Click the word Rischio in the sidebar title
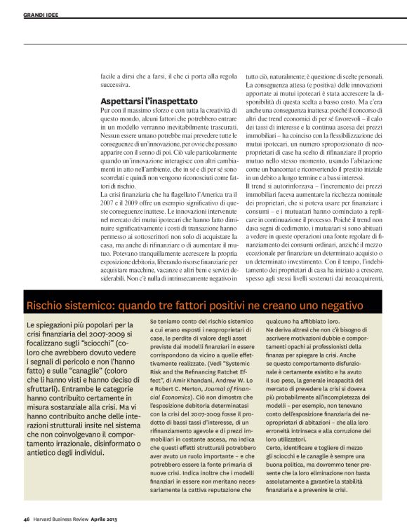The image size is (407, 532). (x=47, y=306)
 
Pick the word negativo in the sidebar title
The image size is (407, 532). (x=339, y=306)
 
